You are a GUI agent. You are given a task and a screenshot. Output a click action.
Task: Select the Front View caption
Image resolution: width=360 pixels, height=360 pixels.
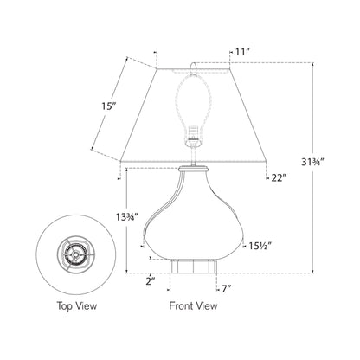193,306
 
